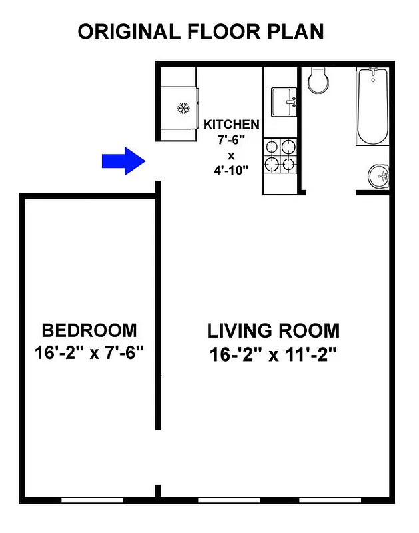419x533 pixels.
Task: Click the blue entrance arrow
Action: (x=123, y=161)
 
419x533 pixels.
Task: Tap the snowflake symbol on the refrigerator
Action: (x=183, y=108)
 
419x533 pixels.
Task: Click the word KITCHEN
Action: (x=231, y=125)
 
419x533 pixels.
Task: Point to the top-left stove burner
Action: (x=272, y=146)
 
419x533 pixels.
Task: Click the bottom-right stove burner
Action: (x=288, y=163)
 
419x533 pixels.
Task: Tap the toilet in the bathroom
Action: (x=318, y=81)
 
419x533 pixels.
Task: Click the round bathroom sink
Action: (x=378, y=177)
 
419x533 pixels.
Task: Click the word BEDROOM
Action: (x=89, y=330)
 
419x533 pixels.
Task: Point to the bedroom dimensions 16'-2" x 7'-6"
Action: (x=89, y=352)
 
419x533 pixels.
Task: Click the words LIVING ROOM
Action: (x=273, y=330)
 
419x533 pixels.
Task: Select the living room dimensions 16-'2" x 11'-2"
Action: (x=273, y=354)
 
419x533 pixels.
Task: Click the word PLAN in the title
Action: (x=297, y=31)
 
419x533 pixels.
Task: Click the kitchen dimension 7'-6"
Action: (x=231, y=140)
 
